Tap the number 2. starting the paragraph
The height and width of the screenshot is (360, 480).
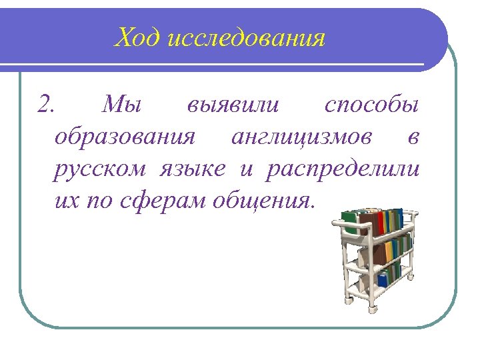coord(49,105)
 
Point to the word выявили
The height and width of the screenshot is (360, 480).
coord(234,105)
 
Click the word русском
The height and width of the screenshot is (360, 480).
coord(99,169)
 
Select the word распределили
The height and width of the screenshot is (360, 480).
coord(343,169)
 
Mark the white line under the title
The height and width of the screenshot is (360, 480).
coord(220,65)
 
